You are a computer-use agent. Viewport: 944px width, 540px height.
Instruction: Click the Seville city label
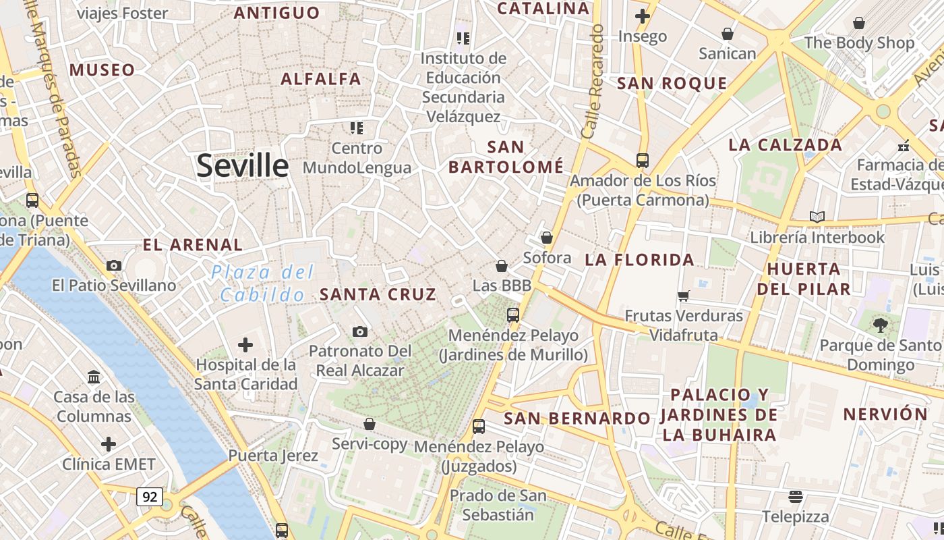point(243,166)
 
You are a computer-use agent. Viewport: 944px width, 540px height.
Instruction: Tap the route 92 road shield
point(150,497)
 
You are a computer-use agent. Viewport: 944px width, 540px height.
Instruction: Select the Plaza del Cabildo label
point(262,283)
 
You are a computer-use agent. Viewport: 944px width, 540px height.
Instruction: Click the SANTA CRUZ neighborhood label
point(378,294)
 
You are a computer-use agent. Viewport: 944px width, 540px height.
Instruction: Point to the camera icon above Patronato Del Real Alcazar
point(360,331)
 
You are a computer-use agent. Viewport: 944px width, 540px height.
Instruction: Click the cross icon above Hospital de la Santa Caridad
point(245,346)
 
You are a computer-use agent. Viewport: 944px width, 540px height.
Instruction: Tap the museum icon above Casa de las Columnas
point(94,377)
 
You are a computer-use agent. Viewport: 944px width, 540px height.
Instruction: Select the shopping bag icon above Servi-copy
point(370,424)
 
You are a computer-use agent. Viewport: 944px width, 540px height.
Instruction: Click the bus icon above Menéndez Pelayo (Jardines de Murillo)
point(513,315)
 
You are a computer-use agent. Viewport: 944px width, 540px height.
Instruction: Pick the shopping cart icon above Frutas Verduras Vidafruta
point(684,296)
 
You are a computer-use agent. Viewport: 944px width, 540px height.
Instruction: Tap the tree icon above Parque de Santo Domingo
point(881,325)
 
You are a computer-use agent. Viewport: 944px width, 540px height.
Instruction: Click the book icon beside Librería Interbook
point(817,217)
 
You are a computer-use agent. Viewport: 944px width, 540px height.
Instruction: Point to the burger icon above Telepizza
point(796,497)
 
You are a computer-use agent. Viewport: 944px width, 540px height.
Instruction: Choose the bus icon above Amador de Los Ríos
point(643,161)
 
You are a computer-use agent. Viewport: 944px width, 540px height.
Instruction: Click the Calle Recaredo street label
point(592,82)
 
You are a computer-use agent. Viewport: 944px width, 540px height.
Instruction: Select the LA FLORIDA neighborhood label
point(639,260)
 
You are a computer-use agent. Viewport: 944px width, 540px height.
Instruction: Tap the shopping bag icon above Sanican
point(728,34)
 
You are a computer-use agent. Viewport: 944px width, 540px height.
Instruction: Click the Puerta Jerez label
point(273,456)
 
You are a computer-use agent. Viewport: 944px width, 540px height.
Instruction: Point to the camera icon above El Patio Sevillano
point(114,266)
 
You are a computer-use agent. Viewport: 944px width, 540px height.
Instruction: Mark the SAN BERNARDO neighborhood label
point(577,418)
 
